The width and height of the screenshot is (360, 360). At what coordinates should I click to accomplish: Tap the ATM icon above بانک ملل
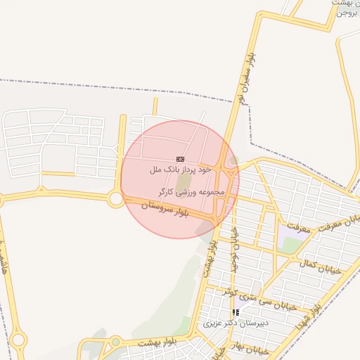180,160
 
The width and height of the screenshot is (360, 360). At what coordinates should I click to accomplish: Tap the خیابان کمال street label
320,266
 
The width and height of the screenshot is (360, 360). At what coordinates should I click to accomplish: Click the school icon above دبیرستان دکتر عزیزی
236,312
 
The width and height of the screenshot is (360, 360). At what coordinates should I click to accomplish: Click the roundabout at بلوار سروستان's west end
116,199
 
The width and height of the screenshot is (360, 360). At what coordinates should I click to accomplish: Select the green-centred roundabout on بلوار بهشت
115,342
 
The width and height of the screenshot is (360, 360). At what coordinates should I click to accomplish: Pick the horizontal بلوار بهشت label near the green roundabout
158,342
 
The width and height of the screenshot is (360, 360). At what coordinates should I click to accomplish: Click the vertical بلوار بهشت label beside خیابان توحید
210,257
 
